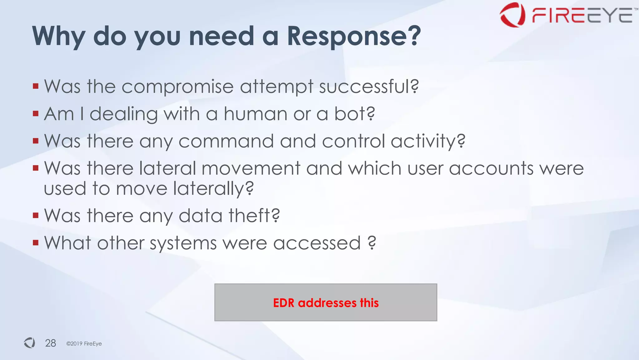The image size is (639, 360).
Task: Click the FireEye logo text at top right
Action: tap(582, 15)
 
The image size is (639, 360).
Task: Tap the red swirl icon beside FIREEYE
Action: tap(512, 15)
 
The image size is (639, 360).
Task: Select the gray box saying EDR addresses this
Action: tap(325, 302)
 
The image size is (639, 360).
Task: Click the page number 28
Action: tap(51, 343)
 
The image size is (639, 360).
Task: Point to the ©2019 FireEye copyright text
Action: tap(84, 343)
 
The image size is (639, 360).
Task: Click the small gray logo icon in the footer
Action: tap(30, 343)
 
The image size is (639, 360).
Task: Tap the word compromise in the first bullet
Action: tap(177, 87)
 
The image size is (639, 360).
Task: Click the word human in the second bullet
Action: tap(255, 114)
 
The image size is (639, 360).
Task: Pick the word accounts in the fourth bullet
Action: tap(491, 169)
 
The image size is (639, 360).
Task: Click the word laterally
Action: tap(213, 189)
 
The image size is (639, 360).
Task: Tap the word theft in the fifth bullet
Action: tap(253, 216)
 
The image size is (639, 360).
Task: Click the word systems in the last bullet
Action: tap(183, 243)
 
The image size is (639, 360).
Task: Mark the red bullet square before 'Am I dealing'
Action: tap(36, 114)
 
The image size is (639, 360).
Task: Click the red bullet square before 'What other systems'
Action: tap(36, 243)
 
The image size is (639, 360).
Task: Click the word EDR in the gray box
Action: tap(283, 303)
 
